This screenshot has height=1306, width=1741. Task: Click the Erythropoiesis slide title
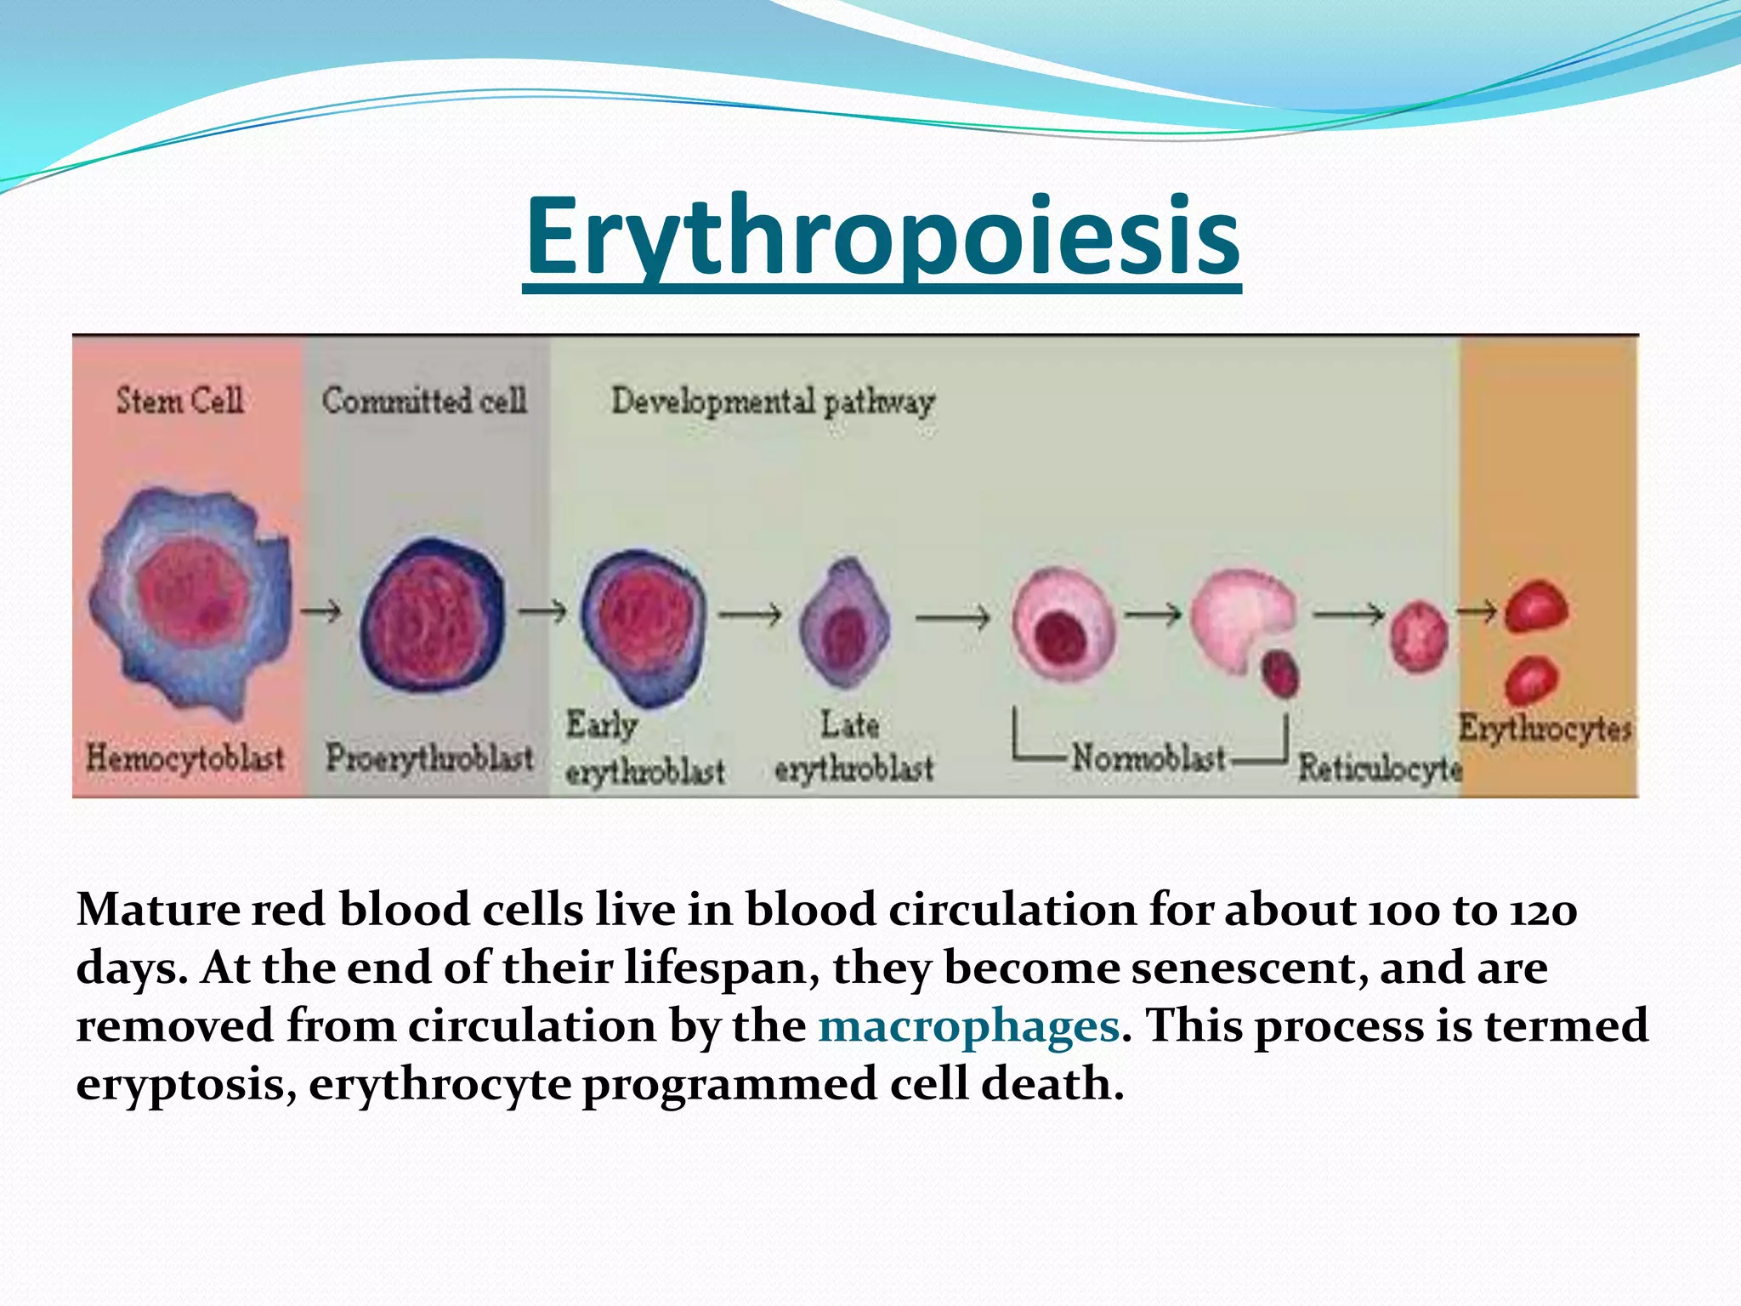click(882, 237)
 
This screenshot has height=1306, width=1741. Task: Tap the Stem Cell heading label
click(179, 400)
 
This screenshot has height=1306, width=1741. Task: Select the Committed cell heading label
click(424, 400)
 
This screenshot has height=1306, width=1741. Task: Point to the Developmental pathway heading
click(772, 402)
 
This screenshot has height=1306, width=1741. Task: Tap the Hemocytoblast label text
click(184, 758)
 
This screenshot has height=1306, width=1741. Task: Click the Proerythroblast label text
click(429, 758)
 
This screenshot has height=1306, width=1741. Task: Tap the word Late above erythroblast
click(849, 725)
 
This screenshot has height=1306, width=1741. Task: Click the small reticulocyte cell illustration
click(1418, 636)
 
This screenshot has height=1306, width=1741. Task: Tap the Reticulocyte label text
click(1379, 768)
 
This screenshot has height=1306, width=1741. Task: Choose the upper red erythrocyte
click(1536, 606)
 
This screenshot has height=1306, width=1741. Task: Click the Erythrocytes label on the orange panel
click(1545, 729)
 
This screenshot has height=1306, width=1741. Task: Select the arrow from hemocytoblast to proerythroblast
click(321, 610)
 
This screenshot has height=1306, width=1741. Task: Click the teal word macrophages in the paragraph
click(968, 1026)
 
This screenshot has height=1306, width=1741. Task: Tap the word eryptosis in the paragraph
click(186, 1085)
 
